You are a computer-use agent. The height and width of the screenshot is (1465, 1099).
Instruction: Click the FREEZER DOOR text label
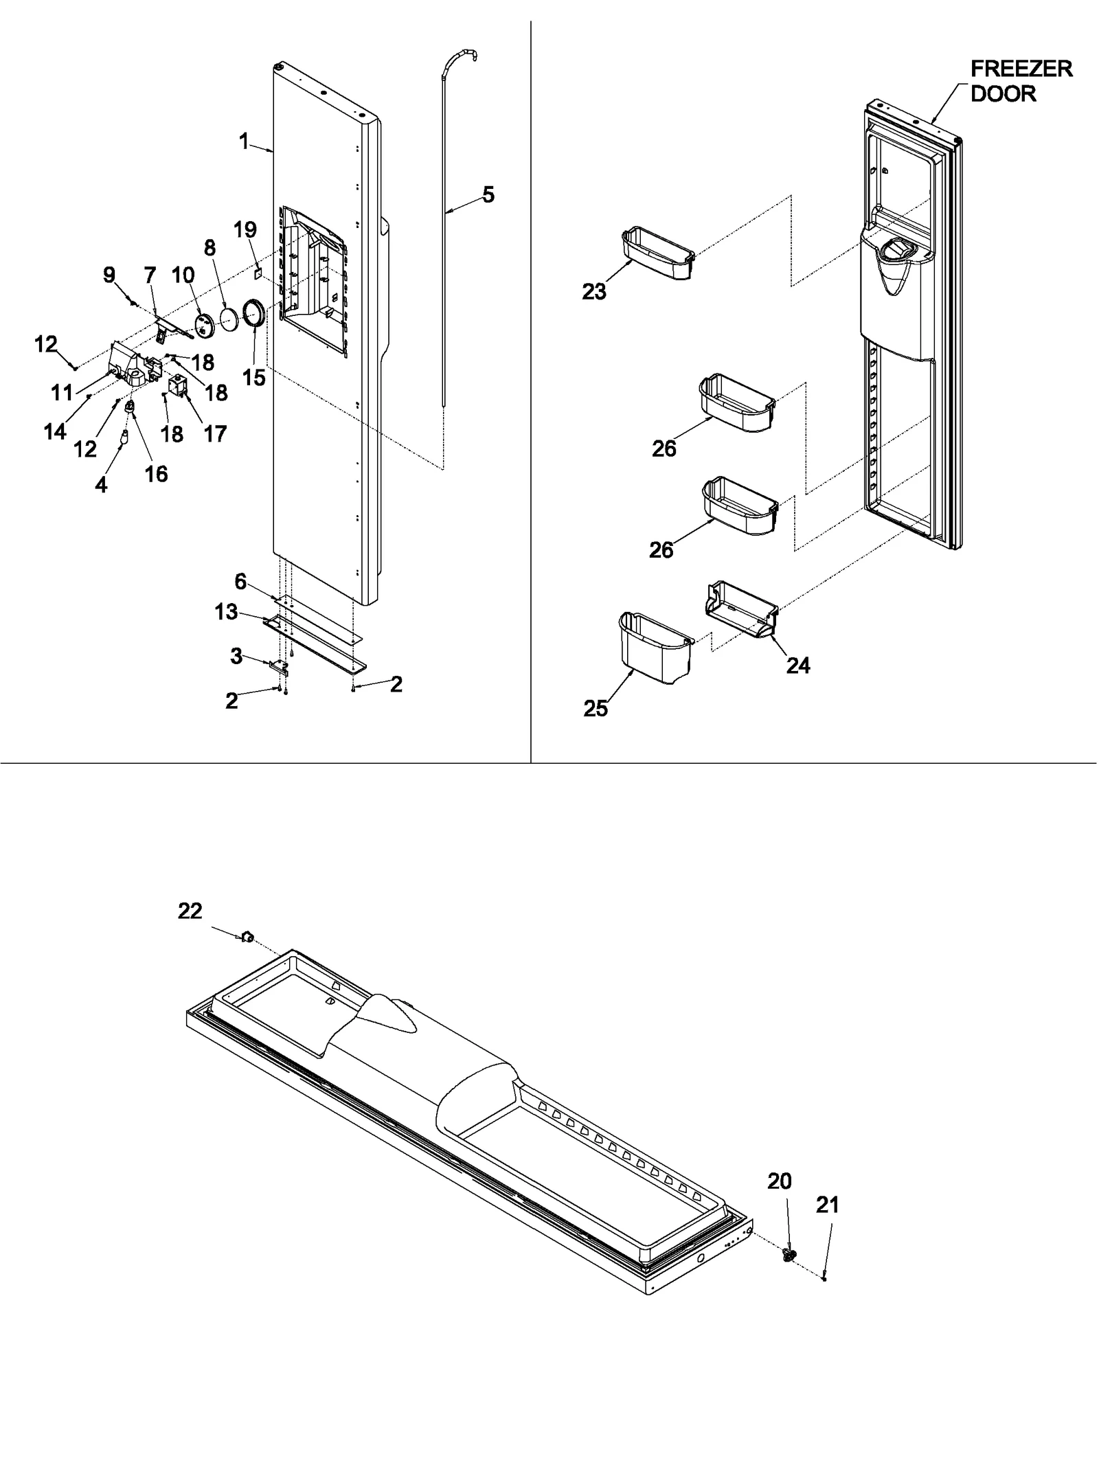coord(1021,81)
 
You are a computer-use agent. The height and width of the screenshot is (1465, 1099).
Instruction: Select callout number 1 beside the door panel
coord(244,141)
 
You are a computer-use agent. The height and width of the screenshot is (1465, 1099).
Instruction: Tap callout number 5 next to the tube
coord(488,195)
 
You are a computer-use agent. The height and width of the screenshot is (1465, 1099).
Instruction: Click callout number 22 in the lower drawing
coord(190,911)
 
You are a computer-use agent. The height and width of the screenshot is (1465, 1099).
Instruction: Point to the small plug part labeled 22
coord(247,936)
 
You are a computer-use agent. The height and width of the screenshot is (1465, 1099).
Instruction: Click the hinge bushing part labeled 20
coord(789,1255)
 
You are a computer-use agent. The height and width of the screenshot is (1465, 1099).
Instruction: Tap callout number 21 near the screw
coord(828,1205)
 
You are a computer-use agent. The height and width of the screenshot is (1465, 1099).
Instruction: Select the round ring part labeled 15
coord(253,315)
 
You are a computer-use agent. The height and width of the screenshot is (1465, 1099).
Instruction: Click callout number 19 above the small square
coord(245,229)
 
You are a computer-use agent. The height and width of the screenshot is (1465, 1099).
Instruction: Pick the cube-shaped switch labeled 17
coord(178,387)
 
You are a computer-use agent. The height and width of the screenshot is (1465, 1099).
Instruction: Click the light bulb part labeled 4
coord(124,435)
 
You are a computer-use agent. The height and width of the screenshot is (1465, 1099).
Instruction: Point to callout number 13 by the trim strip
coord(226,611)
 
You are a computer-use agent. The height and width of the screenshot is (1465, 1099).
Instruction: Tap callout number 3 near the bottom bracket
coord(236,656)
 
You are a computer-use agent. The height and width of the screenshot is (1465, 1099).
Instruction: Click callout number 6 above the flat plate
coord(240,582)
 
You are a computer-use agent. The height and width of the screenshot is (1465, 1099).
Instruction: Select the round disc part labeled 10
coord(204,323)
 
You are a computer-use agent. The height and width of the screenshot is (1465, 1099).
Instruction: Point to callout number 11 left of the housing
coord(62,392)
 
